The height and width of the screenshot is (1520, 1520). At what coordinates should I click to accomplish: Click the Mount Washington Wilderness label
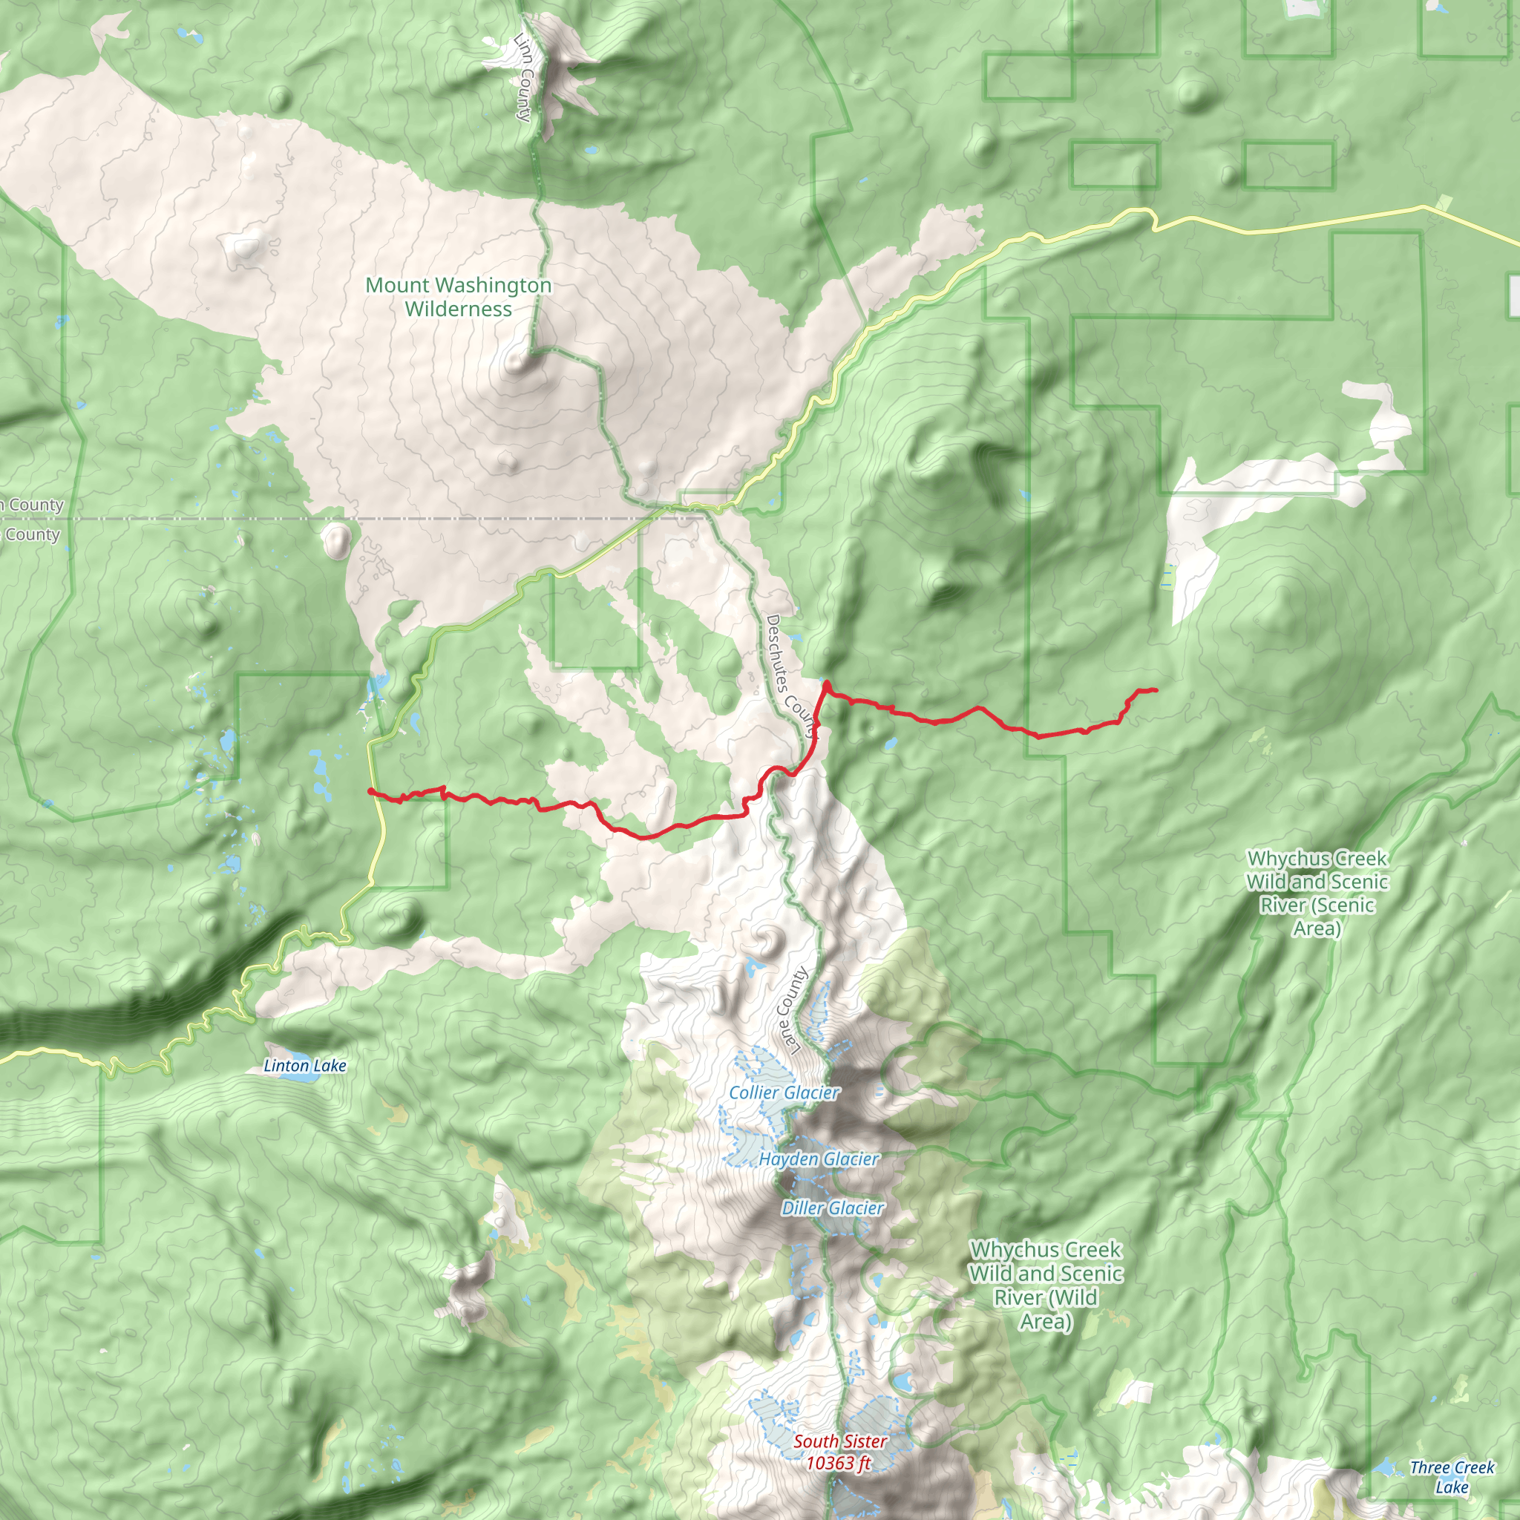click(459, 297)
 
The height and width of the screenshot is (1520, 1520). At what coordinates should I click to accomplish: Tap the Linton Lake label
click(304, 1065)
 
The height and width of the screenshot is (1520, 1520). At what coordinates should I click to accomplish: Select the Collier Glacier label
click(784, 1092)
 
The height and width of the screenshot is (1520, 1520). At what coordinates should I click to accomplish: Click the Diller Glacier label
click(833, 1208)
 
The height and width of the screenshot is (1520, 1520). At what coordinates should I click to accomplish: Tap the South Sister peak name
click(839, 1441)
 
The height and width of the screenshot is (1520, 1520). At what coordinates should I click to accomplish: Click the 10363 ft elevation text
click(838, 1463)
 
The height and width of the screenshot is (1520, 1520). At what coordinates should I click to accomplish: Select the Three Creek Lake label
click(1452, 1477)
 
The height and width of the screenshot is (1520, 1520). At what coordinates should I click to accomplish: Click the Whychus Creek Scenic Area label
click(1317, 893)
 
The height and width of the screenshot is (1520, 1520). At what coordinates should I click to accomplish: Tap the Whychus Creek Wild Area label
click(1046, 1285)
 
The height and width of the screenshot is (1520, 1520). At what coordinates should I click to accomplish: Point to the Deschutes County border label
click(791, 678)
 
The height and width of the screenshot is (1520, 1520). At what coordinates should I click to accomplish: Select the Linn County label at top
click(523, 77)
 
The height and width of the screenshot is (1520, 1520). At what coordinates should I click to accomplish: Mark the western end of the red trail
click(370, 790)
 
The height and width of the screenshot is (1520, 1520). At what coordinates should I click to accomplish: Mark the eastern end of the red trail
click(1156, 690)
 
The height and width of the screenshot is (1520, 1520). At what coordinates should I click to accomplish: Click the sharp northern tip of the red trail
click(827, 683)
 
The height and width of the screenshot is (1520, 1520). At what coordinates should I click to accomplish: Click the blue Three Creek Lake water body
click(1386, 1467)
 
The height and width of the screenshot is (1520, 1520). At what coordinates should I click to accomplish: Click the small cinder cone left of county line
click(337, 541)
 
